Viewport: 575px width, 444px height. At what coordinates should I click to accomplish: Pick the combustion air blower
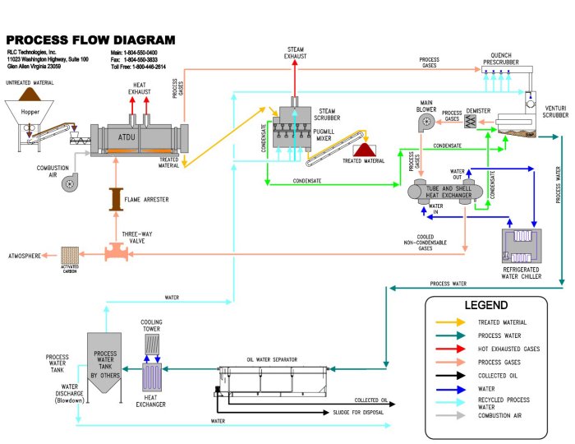(x=73, y=183)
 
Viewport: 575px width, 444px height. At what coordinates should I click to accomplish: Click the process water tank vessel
(x=106, y=362)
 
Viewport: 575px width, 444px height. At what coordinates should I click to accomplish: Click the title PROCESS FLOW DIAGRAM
(x=91, y=39)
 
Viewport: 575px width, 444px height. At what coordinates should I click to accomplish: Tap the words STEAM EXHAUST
(x=296, y=53)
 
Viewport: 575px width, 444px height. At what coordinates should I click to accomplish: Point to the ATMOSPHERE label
(x=25, y=255)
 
